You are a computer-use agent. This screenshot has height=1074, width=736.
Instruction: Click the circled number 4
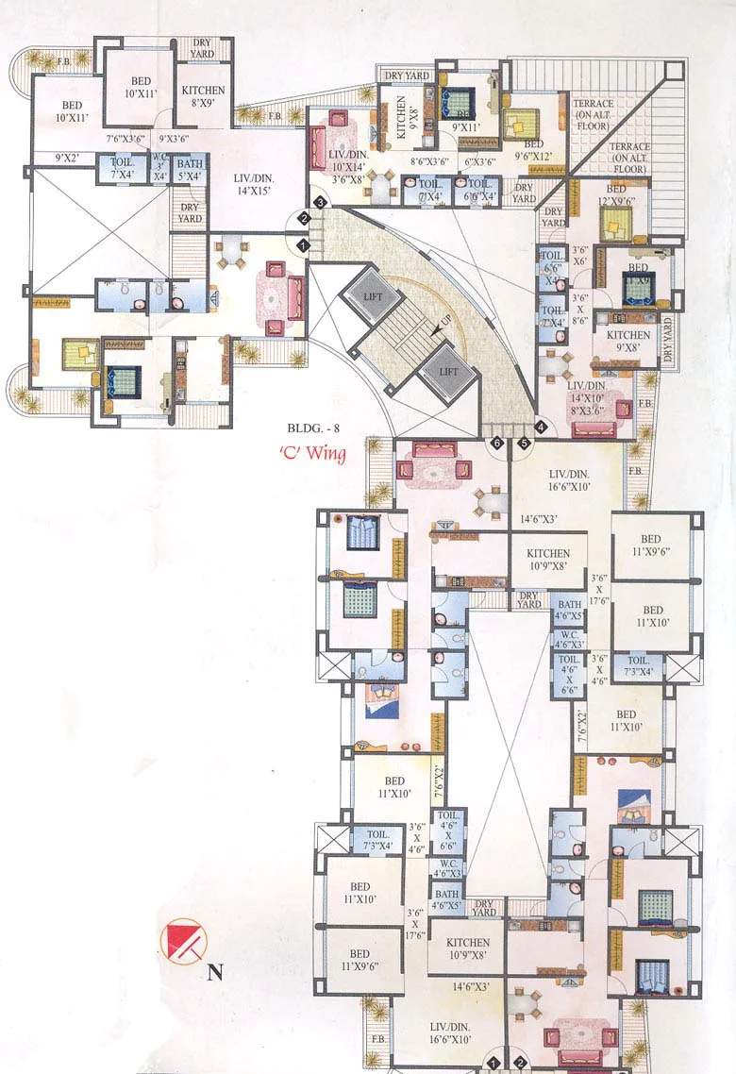pos(540,426)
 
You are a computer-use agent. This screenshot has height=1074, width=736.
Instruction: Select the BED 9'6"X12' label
pos(535,151)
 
